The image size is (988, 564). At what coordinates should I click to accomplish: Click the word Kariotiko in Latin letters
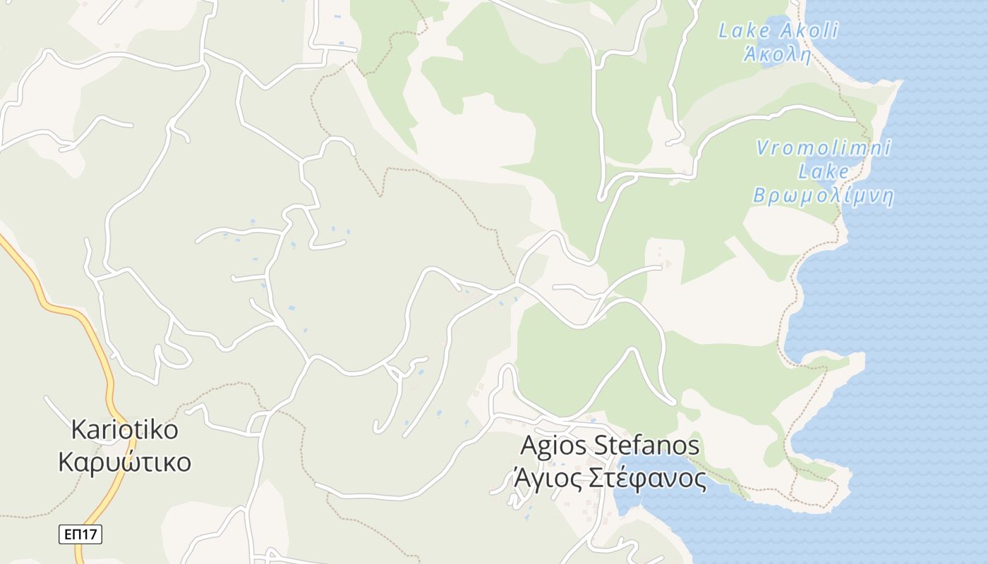(125, 429)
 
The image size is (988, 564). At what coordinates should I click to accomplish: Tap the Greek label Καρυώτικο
(125, 462)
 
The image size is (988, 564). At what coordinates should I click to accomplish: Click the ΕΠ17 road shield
(80, 534)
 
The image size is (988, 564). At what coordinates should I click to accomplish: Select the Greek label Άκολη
(777, 55)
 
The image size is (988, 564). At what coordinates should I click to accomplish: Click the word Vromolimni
(824, 148)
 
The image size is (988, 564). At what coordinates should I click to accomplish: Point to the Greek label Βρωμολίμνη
(823, 195)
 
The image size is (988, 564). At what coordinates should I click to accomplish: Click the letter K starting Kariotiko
(78, 429)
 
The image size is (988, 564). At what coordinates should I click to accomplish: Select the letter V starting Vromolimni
(762, 148)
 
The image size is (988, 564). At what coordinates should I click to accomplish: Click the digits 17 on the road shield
(88, 534)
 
